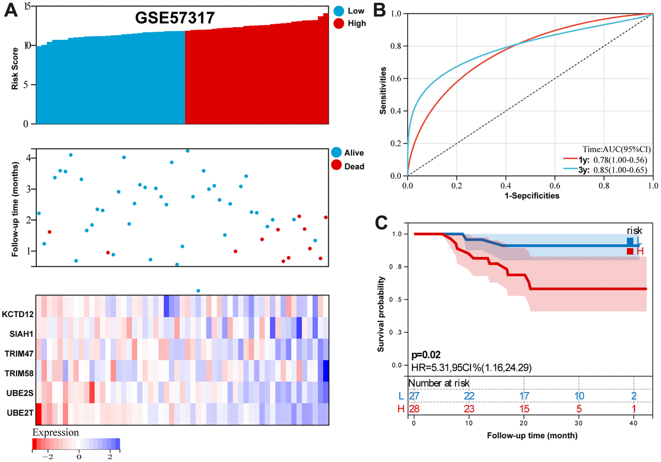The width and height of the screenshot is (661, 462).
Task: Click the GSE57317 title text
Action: pos(175,19)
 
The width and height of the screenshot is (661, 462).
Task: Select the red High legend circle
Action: pos(339,24)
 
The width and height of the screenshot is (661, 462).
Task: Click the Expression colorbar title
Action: pos(56,432)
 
